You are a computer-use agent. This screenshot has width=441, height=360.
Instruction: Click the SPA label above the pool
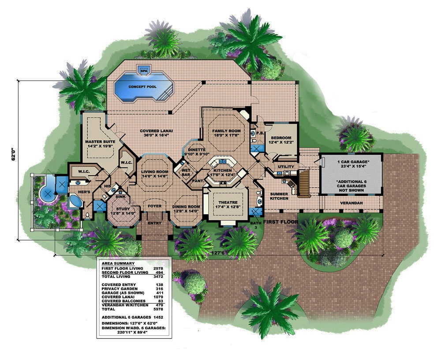[x=143, y=70]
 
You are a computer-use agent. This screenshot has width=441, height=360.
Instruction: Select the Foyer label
[x=155, y=205]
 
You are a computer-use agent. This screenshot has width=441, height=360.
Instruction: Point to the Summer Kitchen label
[x=279, y=197]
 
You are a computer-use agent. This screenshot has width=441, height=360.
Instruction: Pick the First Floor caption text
[x=281, y=222]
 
